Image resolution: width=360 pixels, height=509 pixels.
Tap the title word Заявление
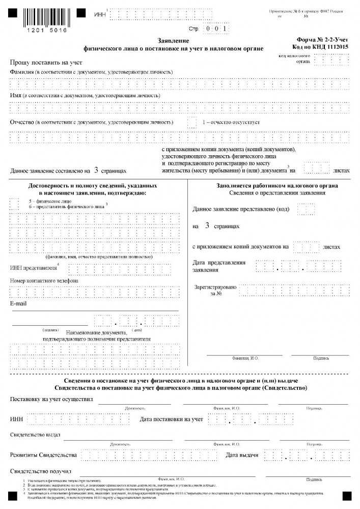tap(173, 41)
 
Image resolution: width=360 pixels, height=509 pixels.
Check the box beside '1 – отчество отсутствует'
tap(192, 123)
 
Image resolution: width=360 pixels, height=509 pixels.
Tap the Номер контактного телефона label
tap(44, 281)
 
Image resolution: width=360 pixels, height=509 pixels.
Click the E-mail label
tap(19, 304)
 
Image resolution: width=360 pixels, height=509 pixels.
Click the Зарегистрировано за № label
tap(215, 290)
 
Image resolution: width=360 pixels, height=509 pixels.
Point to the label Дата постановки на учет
tap(171, 419)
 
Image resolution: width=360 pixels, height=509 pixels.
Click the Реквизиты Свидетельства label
tap(43, 455)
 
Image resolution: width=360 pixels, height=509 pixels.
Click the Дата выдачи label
tap(245, 455)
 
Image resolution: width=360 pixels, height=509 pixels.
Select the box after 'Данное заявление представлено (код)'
tap(305, 209)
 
